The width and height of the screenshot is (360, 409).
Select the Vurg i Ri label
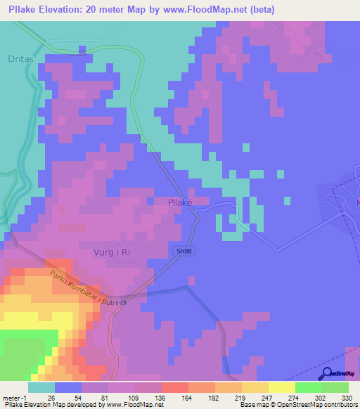pyautogui.click(x=112, y=252)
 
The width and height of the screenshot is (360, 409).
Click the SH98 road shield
pyautogui.click(x=182, y=249)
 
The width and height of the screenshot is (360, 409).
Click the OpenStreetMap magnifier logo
pyautogui.click(x=328, y=373)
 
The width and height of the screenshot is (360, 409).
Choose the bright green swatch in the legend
pyautogui.click(x=308, y=387)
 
